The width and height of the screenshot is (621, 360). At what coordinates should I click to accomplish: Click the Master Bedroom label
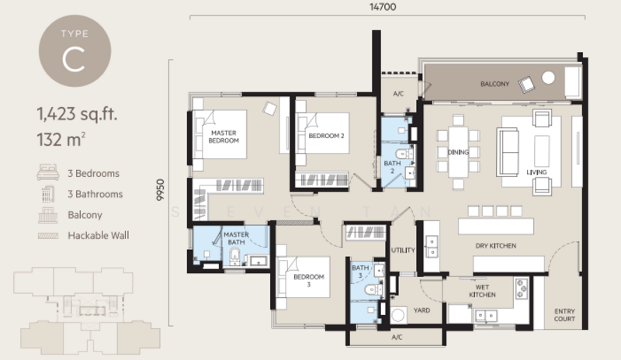point(224,137)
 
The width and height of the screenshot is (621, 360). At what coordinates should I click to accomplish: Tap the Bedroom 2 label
point(326,136)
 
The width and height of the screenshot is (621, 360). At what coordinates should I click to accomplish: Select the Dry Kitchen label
point(495,246)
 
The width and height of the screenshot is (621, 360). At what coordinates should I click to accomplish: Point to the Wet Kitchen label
point(482,291)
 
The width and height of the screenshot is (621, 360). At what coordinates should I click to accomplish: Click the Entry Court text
point(564,315)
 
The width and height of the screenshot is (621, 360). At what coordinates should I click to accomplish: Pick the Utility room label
point(403,251)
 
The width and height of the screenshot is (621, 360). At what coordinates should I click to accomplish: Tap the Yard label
point(422,310)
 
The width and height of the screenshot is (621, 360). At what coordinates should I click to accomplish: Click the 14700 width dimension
point(383,7)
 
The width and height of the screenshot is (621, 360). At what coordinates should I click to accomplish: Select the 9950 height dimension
point(160,190)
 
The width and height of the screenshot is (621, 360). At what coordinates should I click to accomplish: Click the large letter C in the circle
point(74,60)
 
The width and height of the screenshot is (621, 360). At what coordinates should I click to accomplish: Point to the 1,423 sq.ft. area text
point(77,114)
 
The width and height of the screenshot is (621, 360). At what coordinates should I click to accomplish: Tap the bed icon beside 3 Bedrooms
point(48,173)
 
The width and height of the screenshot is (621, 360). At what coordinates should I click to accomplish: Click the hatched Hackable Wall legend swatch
point(48,236)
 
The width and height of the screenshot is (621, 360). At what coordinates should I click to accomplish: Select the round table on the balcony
point(548,78)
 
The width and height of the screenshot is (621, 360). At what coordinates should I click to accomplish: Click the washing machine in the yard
point(397,315)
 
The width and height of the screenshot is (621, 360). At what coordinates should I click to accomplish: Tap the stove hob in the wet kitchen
point(521,288)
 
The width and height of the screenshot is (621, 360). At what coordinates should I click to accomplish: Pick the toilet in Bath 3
point(374,290)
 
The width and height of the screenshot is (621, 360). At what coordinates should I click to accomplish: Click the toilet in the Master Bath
point(235,256)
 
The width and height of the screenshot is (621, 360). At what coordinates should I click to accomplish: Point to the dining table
point(458,152)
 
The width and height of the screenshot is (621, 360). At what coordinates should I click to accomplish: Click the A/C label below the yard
point(397,337)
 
